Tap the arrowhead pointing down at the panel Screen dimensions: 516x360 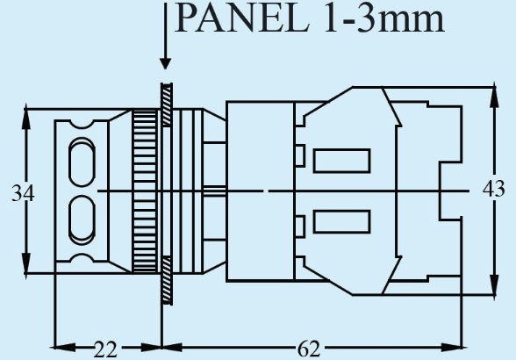[x=165, y=63]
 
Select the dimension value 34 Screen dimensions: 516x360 [x=23, y=193]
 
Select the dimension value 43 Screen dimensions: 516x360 [x=493, y=190]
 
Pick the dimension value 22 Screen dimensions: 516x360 [x=105, y=349]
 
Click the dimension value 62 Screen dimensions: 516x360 [x=309, y=349]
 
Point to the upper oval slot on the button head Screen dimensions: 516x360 [x=82, y=162]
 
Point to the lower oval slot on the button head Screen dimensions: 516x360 [x=82, y=220]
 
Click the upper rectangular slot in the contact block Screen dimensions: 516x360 [x=342, y=161]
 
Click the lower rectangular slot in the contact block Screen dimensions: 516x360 [x=342, y=221]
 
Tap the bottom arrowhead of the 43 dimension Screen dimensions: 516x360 [x=494, y=285]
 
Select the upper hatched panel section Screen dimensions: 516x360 [x=167, y=105]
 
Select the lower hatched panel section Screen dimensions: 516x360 [x=167, y=280]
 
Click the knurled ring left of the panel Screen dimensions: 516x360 [x=145, y=191]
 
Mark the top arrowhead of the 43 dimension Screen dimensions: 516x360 [x=494, y=97]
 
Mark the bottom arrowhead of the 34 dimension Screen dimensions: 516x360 [x=26, y=263]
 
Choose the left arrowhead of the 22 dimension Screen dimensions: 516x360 [x=65, y=347]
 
